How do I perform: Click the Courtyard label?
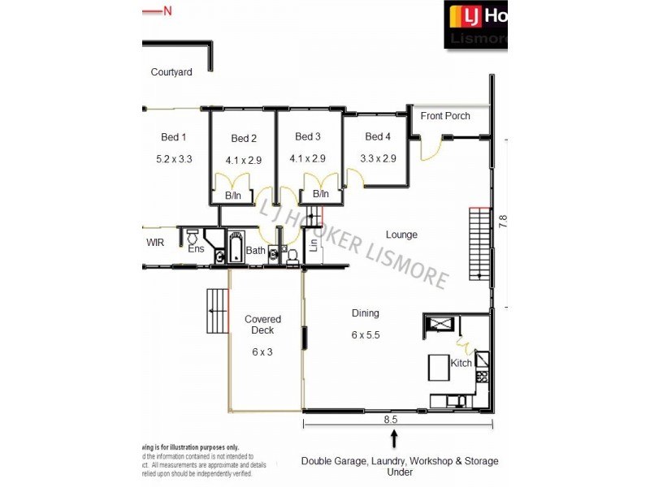[171, 72]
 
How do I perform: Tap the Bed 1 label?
[174, 137]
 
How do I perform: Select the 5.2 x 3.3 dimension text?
[174, 159]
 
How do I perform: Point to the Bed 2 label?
[244, 139]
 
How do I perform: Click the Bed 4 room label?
[378, 136]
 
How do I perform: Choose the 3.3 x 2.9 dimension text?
[378, 158]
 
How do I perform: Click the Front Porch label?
[445, 116]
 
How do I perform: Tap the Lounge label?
[401, 235]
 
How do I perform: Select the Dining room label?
[365, 313]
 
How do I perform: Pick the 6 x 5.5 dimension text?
[366, 334]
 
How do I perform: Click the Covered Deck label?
[262, 325]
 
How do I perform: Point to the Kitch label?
[461, 363]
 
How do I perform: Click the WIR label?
[155, 243]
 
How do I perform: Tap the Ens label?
[196, 249]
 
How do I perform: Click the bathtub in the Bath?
[236, 247]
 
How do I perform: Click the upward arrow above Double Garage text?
[396, 439]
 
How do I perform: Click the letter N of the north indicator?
[168, 11]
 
